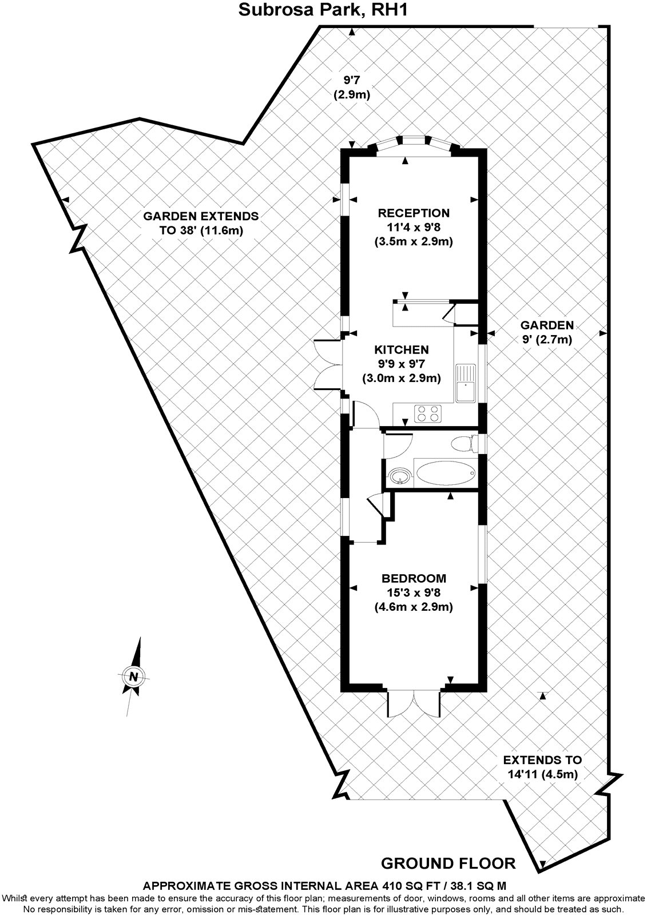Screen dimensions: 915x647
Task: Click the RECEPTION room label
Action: (414, 213)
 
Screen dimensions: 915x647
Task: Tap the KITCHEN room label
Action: (401, 349)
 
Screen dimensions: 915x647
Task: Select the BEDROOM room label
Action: (414, 578)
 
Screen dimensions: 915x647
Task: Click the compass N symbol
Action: (134, 676)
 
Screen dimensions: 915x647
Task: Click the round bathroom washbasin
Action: (398, 475)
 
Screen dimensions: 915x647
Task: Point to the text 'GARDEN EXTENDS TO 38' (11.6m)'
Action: (201, 224)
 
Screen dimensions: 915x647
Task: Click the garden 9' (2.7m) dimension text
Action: (546, 332)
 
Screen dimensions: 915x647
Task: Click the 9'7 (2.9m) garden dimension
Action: (351, 87)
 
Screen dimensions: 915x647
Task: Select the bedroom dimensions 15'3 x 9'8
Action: (414, 592)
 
